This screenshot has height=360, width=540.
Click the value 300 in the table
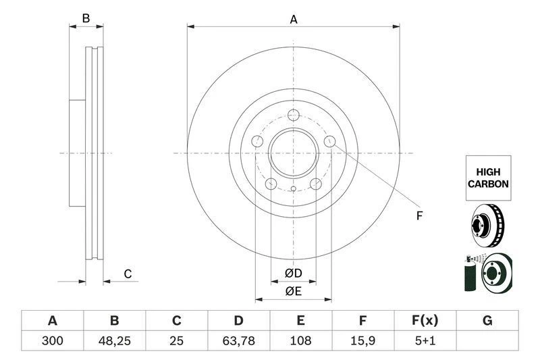[52, 341]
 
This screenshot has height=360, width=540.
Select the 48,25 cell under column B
[114, 341]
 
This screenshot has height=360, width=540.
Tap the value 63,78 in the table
[238, 341]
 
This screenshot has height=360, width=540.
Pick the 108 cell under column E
[300, 341]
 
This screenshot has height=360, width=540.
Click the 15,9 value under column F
[362, 341]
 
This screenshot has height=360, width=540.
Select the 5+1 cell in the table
[425, 341]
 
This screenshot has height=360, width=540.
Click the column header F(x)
[425, 321]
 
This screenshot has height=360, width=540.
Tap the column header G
[487, 321]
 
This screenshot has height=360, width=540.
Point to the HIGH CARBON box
[488, 178]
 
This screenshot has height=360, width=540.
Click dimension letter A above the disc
[294, 20]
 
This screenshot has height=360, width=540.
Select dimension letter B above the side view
[86, 19]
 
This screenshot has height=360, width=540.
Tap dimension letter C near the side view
[127, 274]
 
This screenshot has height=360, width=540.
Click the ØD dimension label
[292, 273]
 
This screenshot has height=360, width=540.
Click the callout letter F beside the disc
[418, 216]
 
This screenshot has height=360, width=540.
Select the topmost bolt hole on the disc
[293, 115]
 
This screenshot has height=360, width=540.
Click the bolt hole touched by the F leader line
[329, 141]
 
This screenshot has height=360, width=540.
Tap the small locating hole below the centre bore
[293, 189]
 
